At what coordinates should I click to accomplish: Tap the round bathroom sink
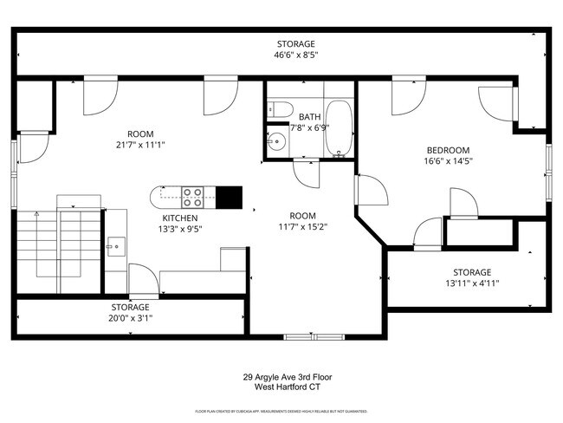coord(277,140)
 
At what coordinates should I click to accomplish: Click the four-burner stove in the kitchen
coord(192,197)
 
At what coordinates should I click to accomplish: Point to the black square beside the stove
coord(229,198)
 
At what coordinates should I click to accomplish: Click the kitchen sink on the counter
coord(115,247)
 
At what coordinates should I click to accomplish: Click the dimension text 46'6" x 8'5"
coord(295,55)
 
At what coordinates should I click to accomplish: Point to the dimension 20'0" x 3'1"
coord(129,318)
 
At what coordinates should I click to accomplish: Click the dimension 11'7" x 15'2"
coord(302,227)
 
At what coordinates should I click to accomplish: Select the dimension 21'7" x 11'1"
coord(139,145)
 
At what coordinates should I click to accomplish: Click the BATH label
coord(309,116)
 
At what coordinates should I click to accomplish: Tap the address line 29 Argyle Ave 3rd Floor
coord(287,378)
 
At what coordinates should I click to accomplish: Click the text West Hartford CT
coord(287,388)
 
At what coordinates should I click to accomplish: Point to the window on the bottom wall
coord(314,336)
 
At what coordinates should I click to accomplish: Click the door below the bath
coord(306,173)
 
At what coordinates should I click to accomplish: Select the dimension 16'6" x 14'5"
coord(447,160)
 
